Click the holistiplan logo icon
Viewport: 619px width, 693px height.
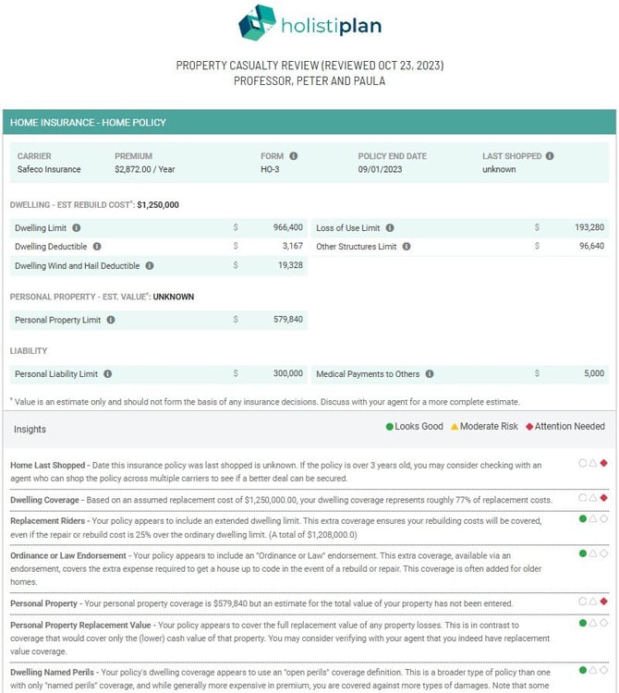pyautogui.click(x=257, y=23)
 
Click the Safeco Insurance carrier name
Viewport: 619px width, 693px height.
pyautogui.click(x=49, y=170)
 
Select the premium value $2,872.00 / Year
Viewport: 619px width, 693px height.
pyautogui.click(x=148, y=170)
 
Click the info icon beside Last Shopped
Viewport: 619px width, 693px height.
pyautogui.click(x=550, y=156)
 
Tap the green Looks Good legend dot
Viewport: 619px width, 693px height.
pyautogui.click(x=390, y=427)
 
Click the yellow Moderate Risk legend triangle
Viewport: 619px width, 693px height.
pyautogui.click(x=454, y=427)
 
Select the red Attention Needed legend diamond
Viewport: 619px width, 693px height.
pyautogui.click(x=529, y=427)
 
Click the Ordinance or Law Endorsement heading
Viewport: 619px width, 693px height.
pyautogui.click(x=68, y=556)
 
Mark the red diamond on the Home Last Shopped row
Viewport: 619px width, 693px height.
pyautogui.click(x=604, y=463)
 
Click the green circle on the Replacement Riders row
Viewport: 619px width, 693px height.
pyautogui.click(x=582, y=519)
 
